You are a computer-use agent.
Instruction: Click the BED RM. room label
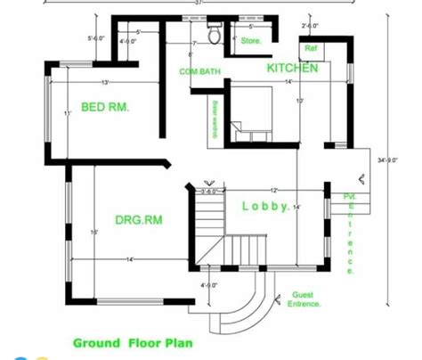[x=105, y=107]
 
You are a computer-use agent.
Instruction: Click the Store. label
[x=251, y=40]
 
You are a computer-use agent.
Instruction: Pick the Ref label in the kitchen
[x=311, y=47]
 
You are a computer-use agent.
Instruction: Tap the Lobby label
[x=265, y=207]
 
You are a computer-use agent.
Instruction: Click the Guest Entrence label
[x=306, y=299]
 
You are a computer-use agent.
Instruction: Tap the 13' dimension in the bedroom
[x=105, y=82]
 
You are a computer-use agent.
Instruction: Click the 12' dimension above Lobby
[x=273, y=190]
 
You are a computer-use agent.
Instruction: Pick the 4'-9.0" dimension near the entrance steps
[x=209, y=285]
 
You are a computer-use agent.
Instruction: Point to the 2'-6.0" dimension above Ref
[x=310, y=26]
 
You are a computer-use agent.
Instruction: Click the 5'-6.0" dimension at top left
[x=96, y=37]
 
